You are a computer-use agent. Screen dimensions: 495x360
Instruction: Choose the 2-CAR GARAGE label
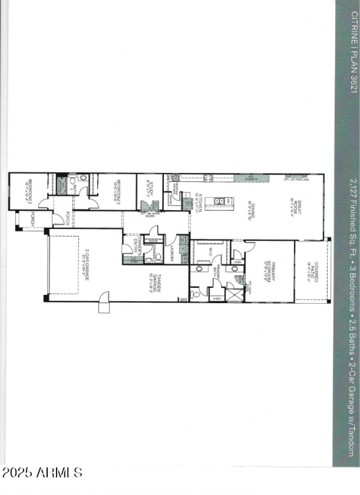click(85, 265)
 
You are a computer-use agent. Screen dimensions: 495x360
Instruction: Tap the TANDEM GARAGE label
click(152, 283)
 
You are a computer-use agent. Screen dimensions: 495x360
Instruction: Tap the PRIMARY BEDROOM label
click(270, 272)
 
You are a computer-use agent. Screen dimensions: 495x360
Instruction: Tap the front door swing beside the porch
click(58, 219)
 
